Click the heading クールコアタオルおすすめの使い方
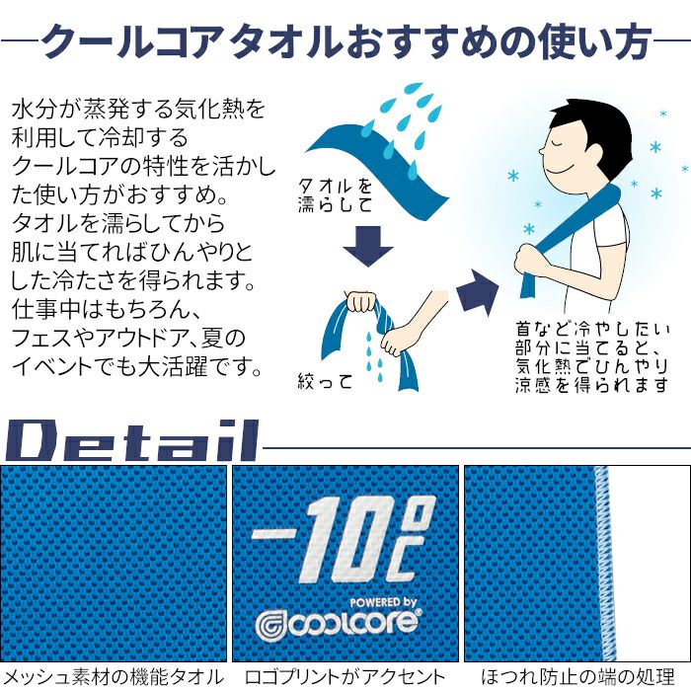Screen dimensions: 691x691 pyautogui.click(x=345, y=41)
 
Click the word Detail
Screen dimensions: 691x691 pyautogui.click(x=131, y=440)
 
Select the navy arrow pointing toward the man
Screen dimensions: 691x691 pyautogui.click(x=476, y=292)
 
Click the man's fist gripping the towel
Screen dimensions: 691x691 pyautogui.click(x=530, y=261)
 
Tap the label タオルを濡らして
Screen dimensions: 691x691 pyautogui.click(x=335, y=195)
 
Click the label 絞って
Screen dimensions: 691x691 pyautogui.click(x=325, y=381)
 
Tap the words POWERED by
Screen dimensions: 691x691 pyautogui.click(x=383, y=601)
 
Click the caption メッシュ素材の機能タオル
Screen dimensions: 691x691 pyautogui.click(x=114, y=676)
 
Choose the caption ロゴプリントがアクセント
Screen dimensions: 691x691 pyautogui.click(x=345, y=676)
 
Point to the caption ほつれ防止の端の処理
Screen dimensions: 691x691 pyautogui.click(x=577, y=676)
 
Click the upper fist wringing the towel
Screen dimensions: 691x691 pyautogui.click(x=361, y=302)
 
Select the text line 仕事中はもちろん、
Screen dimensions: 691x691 pyautogui.click(x=106, y=309)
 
